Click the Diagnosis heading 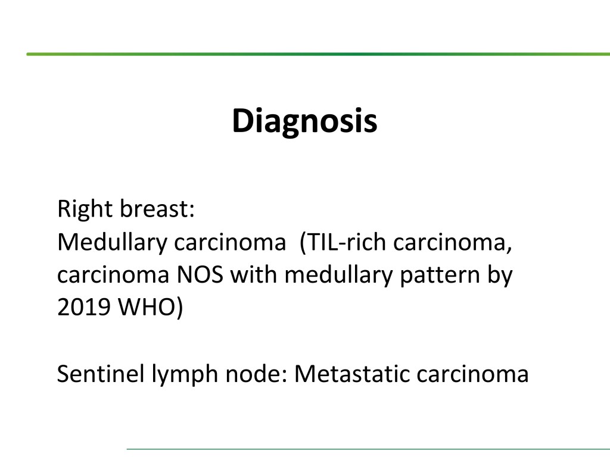304,121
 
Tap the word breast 157,209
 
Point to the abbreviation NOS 200,275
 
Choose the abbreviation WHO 147,308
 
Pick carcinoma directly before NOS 113,276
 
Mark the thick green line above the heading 318,54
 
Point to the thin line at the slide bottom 368,449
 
